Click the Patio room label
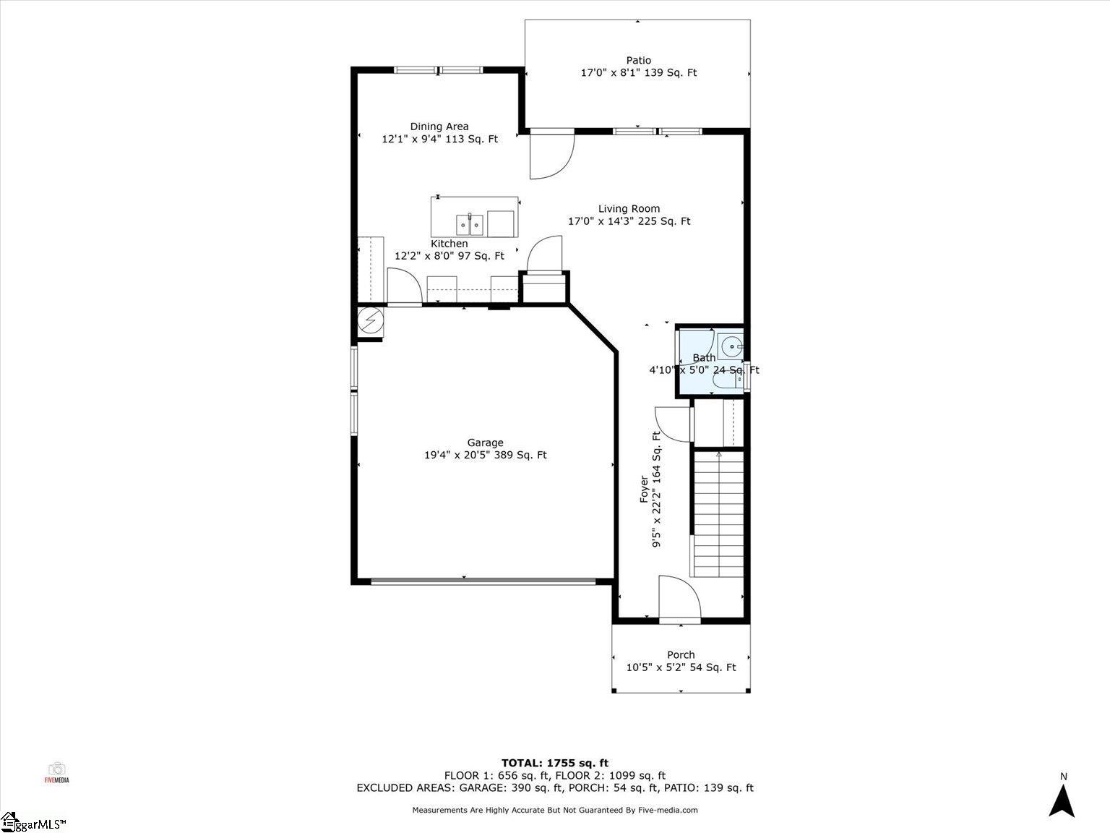coord(638,61)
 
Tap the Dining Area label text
coord(439,127)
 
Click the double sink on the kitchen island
coord(470,225)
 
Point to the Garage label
coord(485,443)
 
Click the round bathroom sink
coord(731,347)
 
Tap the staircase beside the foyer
coord(718,513)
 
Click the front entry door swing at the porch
coord(679,597)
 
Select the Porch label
coord(681,655)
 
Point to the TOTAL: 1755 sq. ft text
coord(555,763)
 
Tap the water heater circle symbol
coord(370,320)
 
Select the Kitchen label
coord(449,243)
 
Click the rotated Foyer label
coord(644,489)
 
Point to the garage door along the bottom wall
coord(483,581)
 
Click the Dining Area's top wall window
coord(438,70)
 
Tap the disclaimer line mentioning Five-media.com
coord(555,810)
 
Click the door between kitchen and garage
coord(405,286)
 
